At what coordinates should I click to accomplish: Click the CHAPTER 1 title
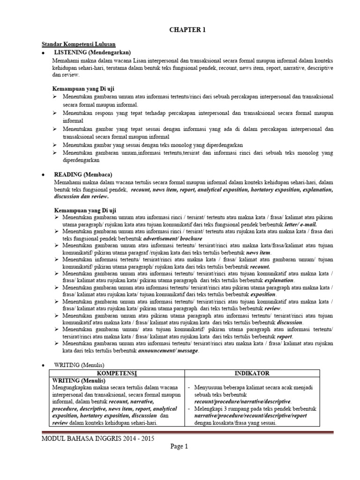coord(187,30)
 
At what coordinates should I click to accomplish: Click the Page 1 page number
coord(179,447)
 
